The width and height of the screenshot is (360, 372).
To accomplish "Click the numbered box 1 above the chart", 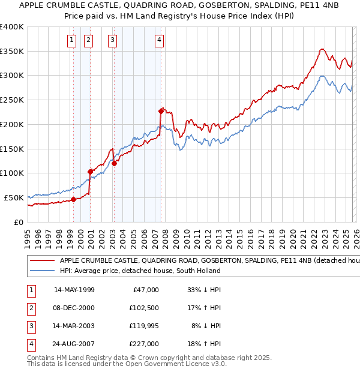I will (71, 40).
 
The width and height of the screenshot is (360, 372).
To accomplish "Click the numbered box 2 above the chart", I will (88, 40).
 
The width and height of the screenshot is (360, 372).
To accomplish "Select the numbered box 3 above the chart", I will (112, 40).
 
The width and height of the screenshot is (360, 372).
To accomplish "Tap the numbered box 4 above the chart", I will (159, 40).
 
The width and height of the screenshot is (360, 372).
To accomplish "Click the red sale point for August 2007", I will (161, 111).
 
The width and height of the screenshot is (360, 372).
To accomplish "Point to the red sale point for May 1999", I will (73, 199).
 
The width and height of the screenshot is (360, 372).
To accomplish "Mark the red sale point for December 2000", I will (90, 172).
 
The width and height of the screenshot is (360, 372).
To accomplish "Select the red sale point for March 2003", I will (114, 163).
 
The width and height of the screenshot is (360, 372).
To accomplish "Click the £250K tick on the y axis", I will (11, 100).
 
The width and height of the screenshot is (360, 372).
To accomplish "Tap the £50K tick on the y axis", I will (13, 197).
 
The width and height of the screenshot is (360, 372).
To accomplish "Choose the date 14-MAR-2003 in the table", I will (74, 326).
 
